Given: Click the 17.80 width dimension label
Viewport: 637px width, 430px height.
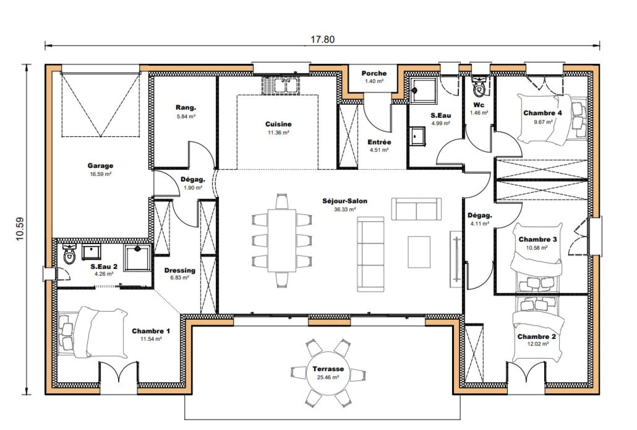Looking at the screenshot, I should [x=322, y=39].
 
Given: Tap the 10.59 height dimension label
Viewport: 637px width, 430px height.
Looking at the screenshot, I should [x=20, y=229].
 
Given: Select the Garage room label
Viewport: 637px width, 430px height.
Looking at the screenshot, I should [x=100, y=166].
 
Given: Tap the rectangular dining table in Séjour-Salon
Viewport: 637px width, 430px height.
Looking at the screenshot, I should [x=282, y=240].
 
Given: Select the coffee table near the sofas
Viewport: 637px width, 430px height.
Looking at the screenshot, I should [x=419, y=252].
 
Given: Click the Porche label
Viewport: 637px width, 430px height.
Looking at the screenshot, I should [x=374, y=73].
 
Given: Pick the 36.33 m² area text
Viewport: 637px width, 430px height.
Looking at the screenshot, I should [x=345, y=209].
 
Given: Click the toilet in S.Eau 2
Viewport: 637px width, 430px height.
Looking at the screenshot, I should [x=70, y=254].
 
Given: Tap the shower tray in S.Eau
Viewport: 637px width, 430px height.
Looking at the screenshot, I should [x=423, y=90].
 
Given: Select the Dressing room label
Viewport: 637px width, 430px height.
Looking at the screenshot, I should [x=180, y=270].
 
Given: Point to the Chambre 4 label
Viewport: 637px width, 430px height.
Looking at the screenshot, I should [x=542, y=113].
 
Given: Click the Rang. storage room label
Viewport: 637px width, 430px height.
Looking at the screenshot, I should [x=186, y=107].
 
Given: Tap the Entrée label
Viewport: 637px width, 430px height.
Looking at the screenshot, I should [x=379, y=142].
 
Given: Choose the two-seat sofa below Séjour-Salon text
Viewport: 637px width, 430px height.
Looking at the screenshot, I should [x=416, y=209].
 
